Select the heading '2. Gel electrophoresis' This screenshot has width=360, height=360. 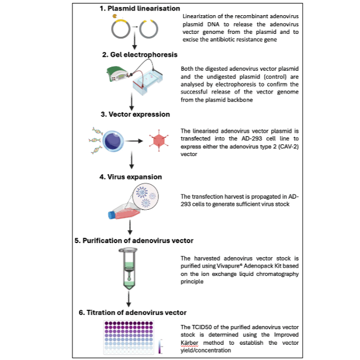139,54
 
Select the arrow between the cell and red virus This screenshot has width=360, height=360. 135,141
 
